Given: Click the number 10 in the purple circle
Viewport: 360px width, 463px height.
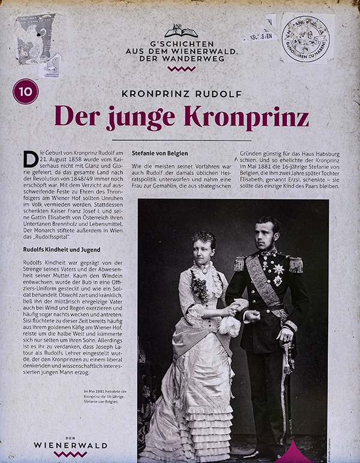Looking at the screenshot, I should (x=26, y=92).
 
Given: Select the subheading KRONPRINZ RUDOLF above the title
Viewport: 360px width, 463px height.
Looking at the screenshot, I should (x=182, y=94).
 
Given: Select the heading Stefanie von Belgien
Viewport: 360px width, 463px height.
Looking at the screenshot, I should (x=160, y=154).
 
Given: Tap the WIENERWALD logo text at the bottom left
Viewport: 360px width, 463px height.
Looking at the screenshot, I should (x=70, y=446).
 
